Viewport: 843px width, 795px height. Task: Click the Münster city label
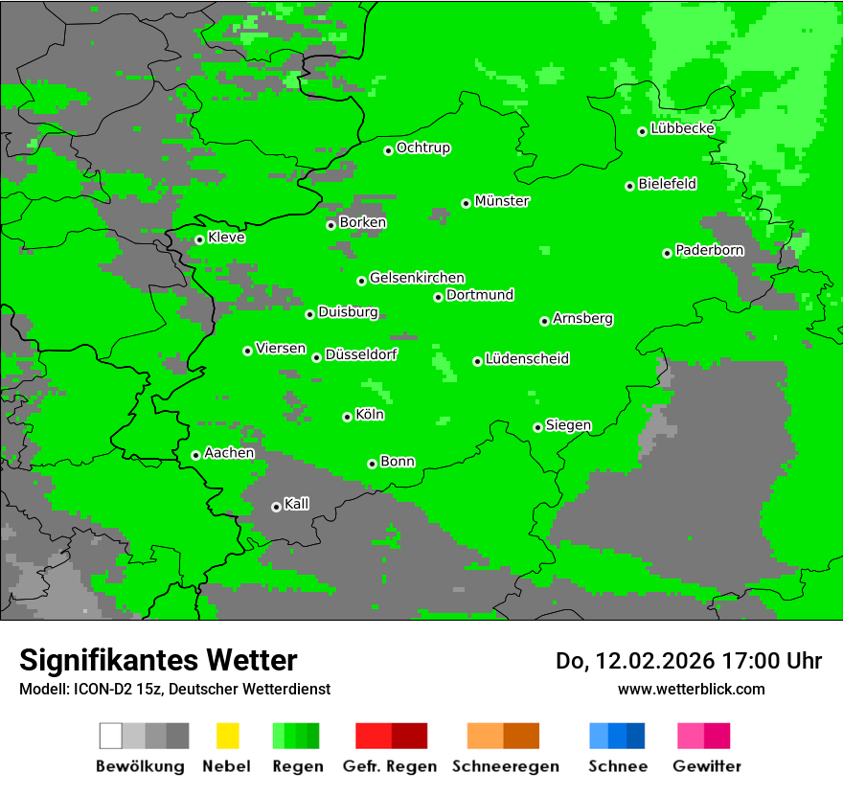coord(502,201)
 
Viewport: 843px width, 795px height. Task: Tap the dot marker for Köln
coord(348,417)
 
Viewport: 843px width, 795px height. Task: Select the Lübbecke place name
coord(683,129)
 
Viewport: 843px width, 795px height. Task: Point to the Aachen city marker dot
coord(196,455)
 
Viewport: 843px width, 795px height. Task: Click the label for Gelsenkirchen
coord(417,278)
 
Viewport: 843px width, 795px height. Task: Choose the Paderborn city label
coord(709,250)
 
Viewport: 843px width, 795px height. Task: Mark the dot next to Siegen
coord(538,427)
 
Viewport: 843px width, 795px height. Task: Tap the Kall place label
coord(296,504)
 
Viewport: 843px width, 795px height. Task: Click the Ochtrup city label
coord(423,148)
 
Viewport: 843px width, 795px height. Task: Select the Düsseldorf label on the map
coord(361,354)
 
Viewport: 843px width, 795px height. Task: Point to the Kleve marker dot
coord(200,239)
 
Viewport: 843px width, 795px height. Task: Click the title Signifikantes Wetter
coord(158,660)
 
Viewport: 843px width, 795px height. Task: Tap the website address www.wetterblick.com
coord(691,689)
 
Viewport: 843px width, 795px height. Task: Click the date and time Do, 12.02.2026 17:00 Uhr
coord(689,661)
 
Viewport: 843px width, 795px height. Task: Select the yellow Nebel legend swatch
coord(227,736)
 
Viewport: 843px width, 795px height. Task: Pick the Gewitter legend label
coord(707,766)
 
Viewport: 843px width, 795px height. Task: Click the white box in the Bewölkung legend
coord(111,736)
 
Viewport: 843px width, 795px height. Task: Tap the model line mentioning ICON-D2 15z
coord(174,689)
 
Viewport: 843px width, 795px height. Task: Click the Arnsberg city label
coord(582,318)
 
